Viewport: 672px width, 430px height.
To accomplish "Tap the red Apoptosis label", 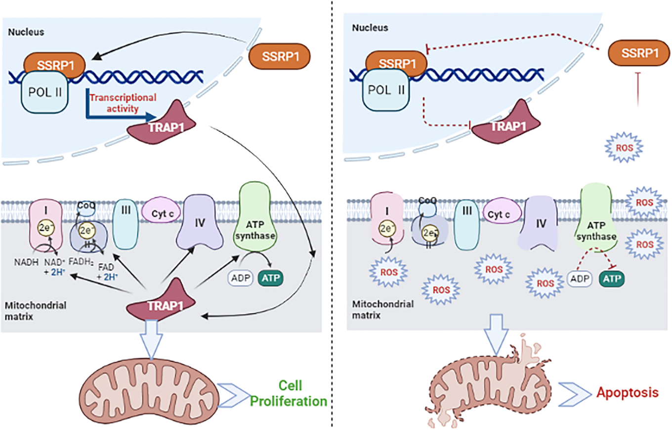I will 627,393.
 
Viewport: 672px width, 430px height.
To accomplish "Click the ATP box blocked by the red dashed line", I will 610,279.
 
